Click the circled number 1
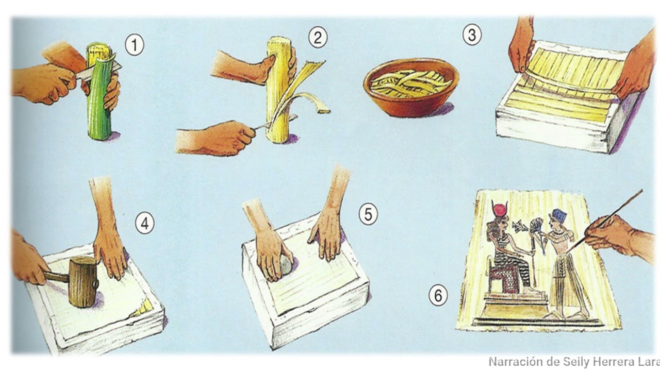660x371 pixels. [x=135, y=45]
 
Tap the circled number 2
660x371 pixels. [x=318, y=38]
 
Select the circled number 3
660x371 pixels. [x=472, y=35]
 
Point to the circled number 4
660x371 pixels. [x=145, y=224]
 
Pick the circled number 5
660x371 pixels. [x=368, y=214]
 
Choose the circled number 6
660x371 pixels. [x=438, y=295]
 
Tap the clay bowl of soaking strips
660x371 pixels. [x=411, y=88]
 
